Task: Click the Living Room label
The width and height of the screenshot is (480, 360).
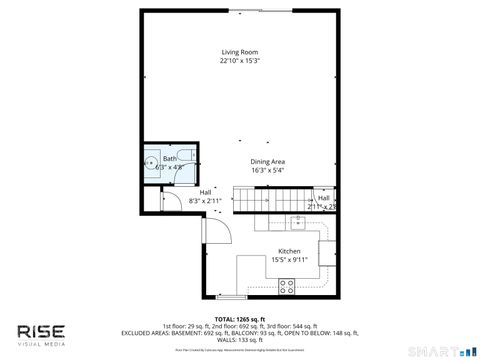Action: click(239, 52)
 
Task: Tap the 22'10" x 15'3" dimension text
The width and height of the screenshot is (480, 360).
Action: click(239, 61)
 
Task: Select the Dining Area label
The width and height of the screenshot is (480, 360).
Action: click(267, 161)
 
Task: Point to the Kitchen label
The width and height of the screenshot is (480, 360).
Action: click(289, 251)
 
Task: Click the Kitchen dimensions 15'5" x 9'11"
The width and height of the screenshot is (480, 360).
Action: click(289, 259)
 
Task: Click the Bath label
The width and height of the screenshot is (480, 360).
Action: click(170, 159)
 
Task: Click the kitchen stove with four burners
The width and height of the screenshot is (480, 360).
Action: click(287, 286)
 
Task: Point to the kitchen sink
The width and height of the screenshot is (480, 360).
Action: click(298, 221)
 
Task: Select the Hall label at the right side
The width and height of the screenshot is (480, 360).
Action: click(324, 198)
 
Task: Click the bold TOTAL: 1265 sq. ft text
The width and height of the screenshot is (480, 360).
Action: click(239, 318)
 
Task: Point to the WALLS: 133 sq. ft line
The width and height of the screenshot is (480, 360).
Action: click(239, 340)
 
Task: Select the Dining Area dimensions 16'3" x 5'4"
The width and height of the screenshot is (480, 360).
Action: click(267, 170)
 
